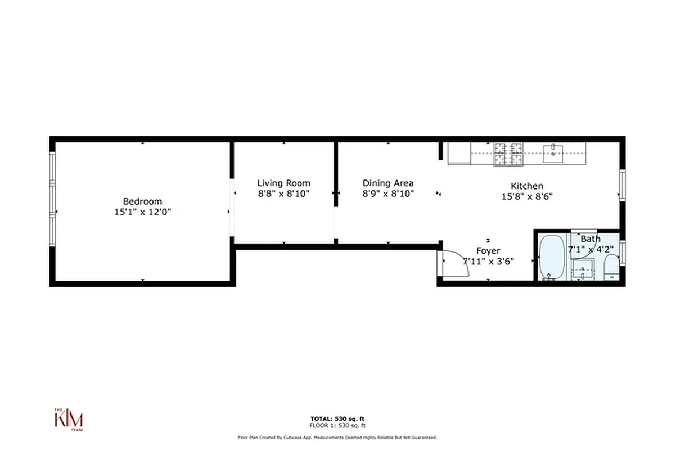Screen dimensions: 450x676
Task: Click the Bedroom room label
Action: tap(142, 201)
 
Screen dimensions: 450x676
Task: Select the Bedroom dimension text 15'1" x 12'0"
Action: tap(142, 212)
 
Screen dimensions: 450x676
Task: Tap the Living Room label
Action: tap(283, 183)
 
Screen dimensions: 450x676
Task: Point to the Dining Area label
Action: tap(388, 183)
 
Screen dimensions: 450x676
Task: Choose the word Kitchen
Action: tap(526, 186)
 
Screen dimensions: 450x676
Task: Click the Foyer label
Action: tap(488, 251)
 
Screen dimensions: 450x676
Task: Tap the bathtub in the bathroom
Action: tap(551, 257)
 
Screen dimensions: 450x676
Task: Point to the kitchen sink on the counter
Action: tap(555, 152)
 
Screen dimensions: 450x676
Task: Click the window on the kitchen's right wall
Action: tap(622, 184)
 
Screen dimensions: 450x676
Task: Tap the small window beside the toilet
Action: tap(622, 251)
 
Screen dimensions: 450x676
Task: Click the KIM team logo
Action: tap(69, 420)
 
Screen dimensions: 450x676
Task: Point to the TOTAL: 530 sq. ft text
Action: tap(337, 418)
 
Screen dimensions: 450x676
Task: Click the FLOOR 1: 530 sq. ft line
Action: tap(337, 425)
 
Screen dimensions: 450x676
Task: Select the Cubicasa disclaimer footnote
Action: tap(337, 437)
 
